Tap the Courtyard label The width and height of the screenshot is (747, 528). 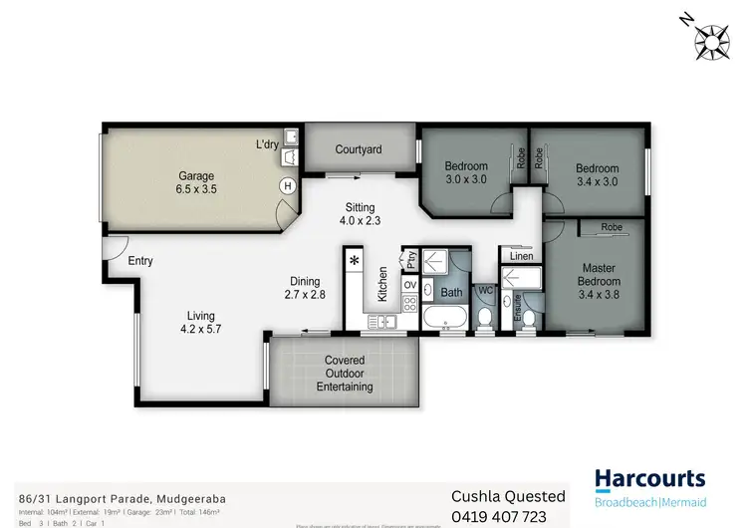[359, 149]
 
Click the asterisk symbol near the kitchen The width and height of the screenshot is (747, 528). [355, 261]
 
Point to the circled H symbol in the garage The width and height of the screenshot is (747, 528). [288, 185]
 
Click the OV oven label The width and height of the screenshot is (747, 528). [409, 285]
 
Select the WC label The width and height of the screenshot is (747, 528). [486, 291]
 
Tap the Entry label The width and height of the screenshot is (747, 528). [140, 261]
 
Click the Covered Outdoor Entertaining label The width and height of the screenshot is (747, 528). [345, 374]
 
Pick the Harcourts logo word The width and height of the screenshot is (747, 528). [650, 479]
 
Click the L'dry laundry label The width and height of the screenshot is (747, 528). [267, 145]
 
